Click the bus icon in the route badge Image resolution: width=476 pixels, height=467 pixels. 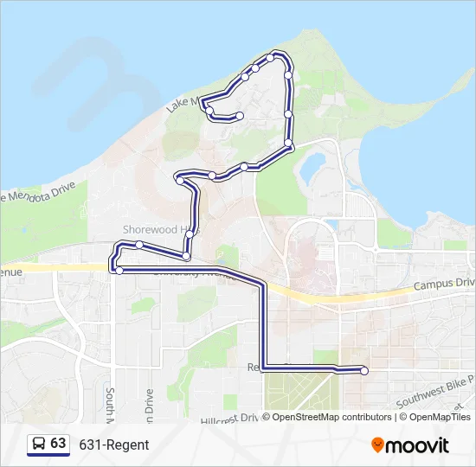click(x=39, y=444)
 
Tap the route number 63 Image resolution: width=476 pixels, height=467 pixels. click(x=58, y=443)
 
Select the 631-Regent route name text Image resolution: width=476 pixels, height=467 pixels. click(x=114, y=445)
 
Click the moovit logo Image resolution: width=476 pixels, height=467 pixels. click(x=410, y=445)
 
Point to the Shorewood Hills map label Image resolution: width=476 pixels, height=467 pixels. click(x=160, y=230)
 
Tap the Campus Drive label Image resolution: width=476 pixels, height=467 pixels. click(x=444, y=284)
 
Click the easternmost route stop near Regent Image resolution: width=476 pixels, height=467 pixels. click(x=364, y=371)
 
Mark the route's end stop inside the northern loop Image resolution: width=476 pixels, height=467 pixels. click(x=239, y=116)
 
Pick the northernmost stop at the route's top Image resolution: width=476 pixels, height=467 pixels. click(x=271, y=58)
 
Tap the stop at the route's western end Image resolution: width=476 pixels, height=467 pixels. click(x=119, y=271)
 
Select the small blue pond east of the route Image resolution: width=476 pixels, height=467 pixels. click(x=313, y=164)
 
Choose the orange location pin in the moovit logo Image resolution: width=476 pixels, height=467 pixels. click(x=377, y=445)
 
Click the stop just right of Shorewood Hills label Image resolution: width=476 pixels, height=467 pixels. click(x=186, y=256)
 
